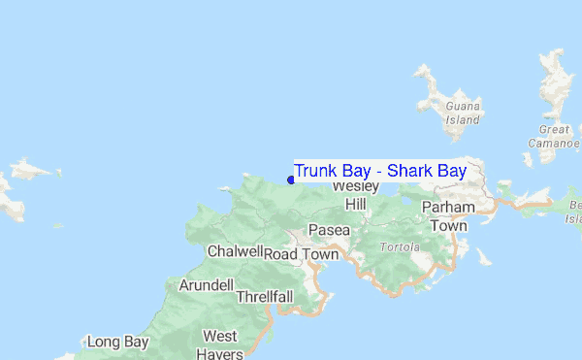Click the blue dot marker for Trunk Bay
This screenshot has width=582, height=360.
291,180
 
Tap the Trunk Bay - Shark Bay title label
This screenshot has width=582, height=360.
380,171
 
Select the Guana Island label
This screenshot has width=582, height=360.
462,114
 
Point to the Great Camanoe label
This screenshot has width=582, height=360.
555,137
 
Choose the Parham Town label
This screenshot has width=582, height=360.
449,216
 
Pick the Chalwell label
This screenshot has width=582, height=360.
236,251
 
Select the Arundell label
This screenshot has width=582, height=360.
206,285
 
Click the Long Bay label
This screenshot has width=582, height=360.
117,342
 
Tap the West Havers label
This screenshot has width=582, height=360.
220,344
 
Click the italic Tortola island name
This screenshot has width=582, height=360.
400,246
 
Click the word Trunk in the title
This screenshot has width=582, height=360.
315,171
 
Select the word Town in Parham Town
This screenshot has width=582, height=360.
449,225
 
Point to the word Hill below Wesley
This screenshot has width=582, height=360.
356,205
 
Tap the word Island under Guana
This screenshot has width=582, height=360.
463,120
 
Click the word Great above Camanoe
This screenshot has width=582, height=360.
555,129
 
